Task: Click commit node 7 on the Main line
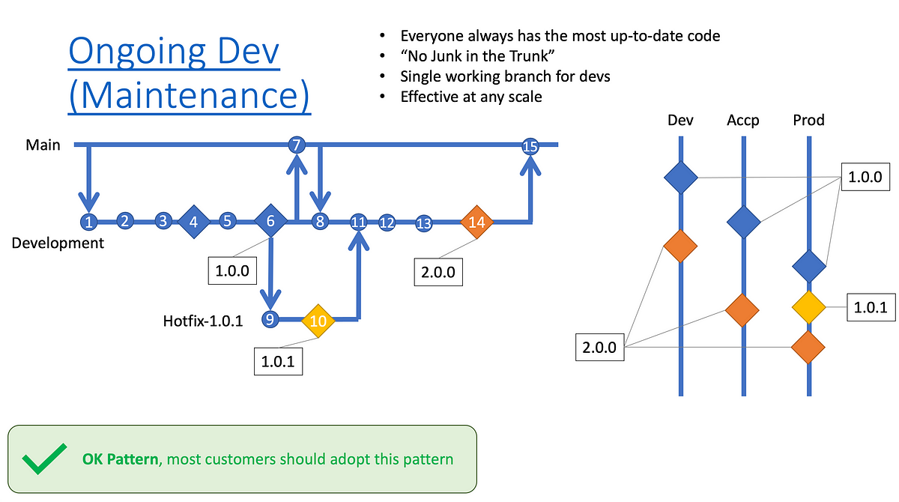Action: [297, 145]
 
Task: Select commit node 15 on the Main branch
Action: [530, 146]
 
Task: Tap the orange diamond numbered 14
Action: [476, 222]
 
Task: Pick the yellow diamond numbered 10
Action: [318, 321]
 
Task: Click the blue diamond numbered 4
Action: [194, 222]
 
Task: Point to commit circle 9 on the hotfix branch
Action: [270, 319]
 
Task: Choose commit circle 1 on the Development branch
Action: [88, 222]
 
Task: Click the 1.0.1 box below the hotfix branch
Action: [278, 362]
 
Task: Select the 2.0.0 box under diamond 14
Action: [438, 272]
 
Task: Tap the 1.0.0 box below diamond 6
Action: [232, 271]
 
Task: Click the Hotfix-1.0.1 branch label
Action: [203, 321]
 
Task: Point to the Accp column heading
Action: [743, 120]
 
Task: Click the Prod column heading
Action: [808, 120]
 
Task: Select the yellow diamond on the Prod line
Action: [808, 307]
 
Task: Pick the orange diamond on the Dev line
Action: [680, 246]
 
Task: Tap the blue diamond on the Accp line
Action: [744, 222]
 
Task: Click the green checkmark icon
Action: [44, 459]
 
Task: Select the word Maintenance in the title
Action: [190, 95]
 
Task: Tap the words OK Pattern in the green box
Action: [120, 459]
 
